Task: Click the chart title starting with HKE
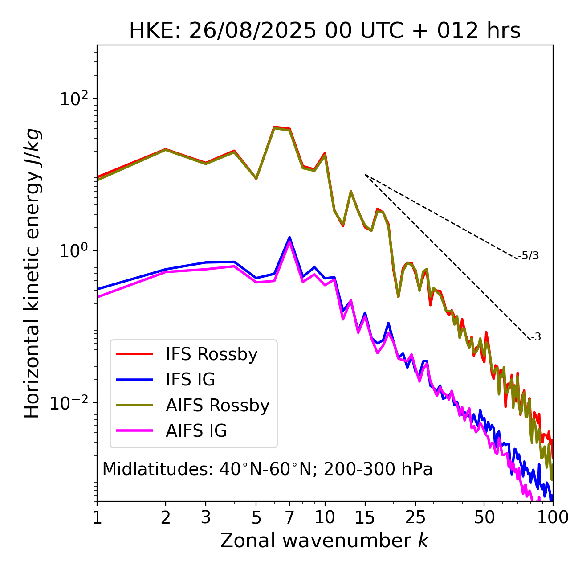coord(325,31)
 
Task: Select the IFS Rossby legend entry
coord(212,354)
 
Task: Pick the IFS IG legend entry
coord(190,380)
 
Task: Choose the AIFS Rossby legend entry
coord(217,406)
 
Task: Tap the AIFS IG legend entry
coord(196,431)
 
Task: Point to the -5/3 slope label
coord(529,256)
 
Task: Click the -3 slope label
coord(536,337)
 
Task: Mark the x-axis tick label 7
coord(289,517)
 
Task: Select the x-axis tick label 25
coord(415,517)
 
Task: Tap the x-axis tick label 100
coord(553,517)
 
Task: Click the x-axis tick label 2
coord(166,517)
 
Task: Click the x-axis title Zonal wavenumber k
coord(324,541)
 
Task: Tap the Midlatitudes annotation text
coord(267,469)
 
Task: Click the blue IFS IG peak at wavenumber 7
coord(289,238)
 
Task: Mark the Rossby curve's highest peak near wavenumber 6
coord(275,127)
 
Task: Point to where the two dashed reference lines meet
coord(365,175)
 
